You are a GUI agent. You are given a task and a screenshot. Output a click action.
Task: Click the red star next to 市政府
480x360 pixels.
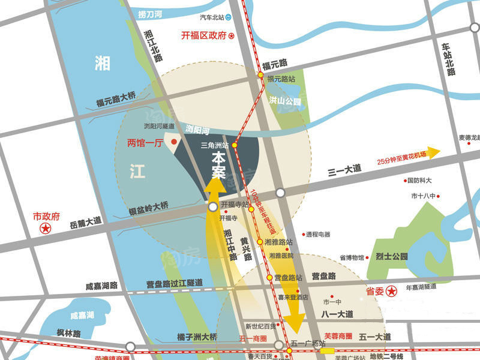[x=44, y=229]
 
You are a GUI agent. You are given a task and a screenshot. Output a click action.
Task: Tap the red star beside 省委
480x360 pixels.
[x=392, y=292]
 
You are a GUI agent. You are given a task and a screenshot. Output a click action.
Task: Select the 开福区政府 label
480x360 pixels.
[x=204, y=35]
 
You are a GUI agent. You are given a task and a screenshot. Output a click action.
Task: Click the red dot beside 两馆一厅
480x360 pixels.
[x=173, y=142]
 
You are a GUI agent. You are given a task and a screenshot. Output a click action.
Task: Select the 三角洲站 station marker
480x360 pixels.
[x=235, y=145]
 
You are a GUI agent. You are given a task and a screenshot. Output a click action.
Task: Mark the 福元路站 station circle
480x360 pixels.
[x=260, y=75]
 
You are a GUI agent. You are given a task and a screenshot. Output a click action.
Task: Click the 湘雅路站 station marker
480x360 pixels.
[x=260, y=242]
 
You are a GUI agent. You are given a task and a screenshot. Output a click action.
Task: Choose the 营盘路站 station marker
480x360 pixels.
[x=269, y=277]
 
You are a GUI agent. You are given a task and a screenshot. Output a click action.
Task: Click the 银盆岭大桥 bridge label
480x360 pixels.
[x=149, y=208]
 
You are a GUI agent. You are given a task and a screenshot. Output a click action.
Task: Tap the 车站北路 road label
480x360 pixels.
[x=448, y=59]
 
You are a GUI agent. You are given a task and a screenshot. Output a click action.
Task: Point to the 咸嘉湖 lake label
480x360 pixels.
[x=82, y=316]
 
